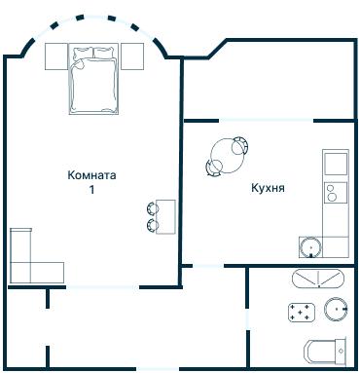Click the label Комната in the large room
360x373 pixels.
(91, 176)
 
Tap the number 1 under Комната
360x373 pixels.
(92, 190)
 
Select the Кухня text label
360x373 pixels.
(267, 186)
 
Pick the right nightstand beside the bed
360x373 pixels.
(132, 56)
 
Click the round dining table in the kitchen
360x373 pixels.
(228, 153)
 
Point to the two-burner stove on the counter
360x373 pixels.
(335, 192)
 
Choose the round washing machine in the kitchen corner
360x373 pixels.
(310, 246)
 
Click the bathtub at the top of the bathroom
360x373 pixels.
(317, 279)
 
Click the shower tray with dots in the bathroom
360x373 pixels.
(303, 313)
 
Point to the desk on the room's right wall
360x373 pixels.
(166, 215)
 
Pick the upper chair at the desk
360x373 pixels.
(152, 206)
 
